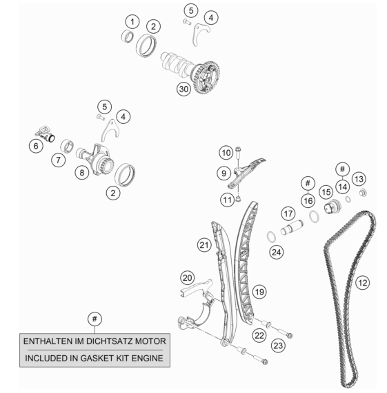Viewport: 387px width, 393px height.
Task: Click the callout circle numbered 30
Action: pos(183,89)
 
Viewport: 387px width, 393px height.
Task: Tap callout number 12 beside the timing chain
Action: pos(363,283)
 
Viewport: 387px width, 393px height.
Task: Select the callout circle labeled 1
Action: pos(132,22)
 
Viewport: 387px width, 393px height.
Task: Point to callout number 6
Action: pos(36,146)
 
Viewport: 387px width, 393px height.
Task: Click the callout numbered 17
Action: pos(288,214)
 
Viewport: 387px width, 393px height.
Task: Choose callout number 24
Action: pos(276,252)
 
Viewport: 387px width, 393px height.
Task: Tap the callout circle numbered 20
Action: pos(188,278)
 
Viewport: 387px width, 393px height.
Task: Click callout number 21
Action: pos(204,245)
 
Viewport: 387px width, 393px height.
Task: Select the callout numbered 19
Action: pos(259,292)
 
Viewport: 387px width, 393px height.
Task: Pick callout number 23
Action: pos(278,346)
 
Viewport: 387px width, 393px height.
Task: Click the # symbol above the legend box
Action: pos(95,319)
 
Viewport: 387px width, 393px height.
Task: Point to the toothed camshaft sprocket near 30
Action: pos(206,78)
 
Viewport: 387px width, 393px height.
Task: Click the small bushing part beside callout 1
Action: pos(128,36)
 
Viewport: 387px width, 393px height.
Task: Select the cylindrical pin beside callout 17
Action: pos(292,227)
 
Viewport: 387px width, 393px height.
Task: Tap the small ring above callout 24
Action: pos(271,237)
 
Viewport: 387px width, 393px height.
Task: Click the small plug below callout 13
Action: pos(363,193)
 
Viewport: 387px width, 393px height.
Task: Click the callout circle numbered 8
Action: pos(82,173)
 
